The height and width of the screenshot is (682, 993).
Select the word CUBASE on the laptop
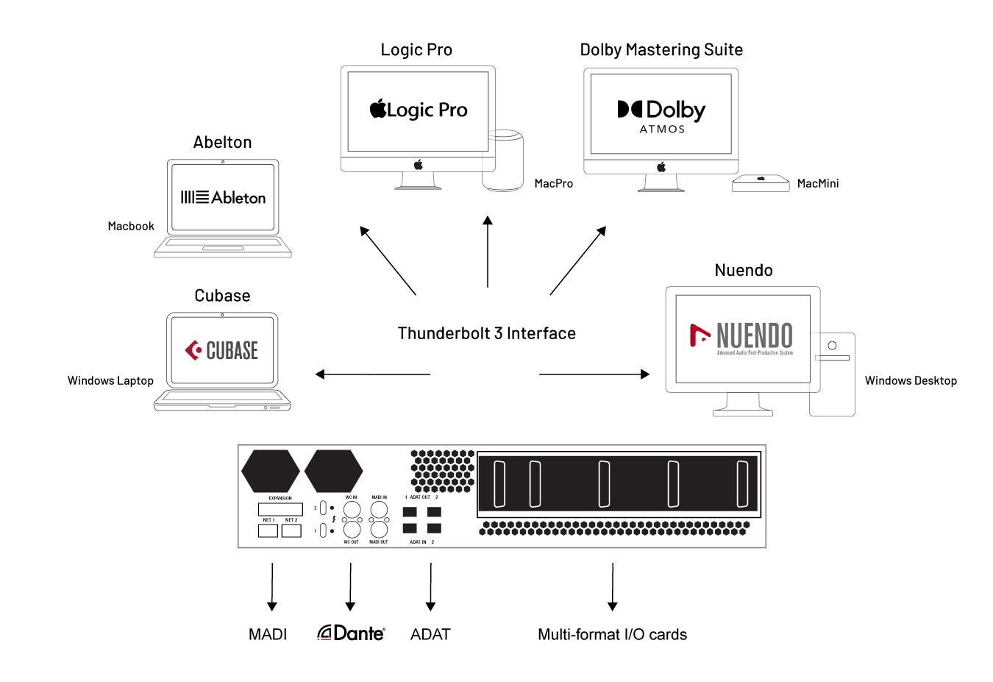(232, 351)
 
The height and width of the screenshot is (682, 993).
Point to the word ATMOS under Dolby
(662, 129)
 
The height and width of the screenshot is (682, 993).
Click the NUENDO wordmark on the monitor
(754, 335)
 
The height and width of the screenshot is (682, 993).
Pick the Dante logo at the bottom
(352, 633)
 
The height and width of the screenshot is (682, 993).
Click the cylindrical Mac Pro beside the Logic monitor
(504, 161)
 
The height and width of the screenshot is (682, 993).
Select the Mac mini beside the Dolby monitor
(761, 183)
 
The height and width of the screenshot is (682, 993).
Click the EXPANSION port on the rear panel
(280, 509)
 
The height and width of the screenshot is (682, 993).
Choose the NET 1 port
(268, 530)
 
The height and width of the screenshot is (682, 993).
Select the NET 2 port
(291, 530)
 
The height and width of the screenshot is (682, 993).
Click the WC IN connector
(352, 509)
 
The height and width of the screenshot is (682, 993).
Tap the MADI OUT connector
(379, 529)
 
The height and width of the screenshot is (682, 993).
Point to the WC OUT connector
(352, 529)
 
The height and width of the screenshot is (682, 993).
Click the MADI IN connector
(379, 509)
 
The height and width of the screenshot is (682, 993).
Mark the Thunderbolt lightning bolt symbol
(334, 519)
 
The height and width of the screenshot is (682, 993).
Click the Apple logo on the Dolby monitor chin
(661, 167)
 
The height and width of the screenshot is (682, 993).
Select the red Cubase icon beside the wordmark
(193, 350)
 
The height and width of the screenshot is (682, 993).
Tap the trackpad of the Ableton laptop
(223, 249)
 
